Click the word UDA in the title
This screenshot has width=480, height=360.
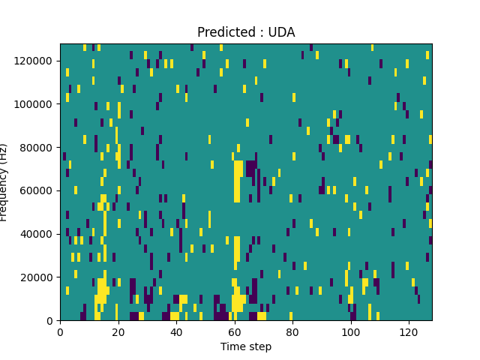click(283, 32)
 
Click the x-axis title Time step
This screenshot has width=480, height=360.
click(246, 346)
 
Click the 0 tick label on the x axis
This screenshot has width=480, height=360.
click(60, 331)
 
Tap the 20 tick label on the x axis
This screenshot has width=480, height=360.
click(118, 331)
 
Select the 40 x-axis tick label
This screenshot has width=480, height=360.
click(176, 331)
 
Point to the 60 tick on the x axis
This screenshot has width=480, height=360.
click(234, 331)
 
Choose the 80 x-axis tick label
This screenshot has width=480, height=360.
click(292, 331)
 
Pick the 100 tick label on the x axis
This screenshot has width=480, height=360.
click(350, 331)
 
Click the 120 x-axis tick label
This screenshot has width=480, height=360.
click(409, 331)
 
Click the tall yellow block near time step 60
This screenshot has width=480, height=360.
click(237, 181)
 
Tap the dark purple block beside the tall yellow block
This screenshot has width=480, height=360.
click(251, 168)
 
